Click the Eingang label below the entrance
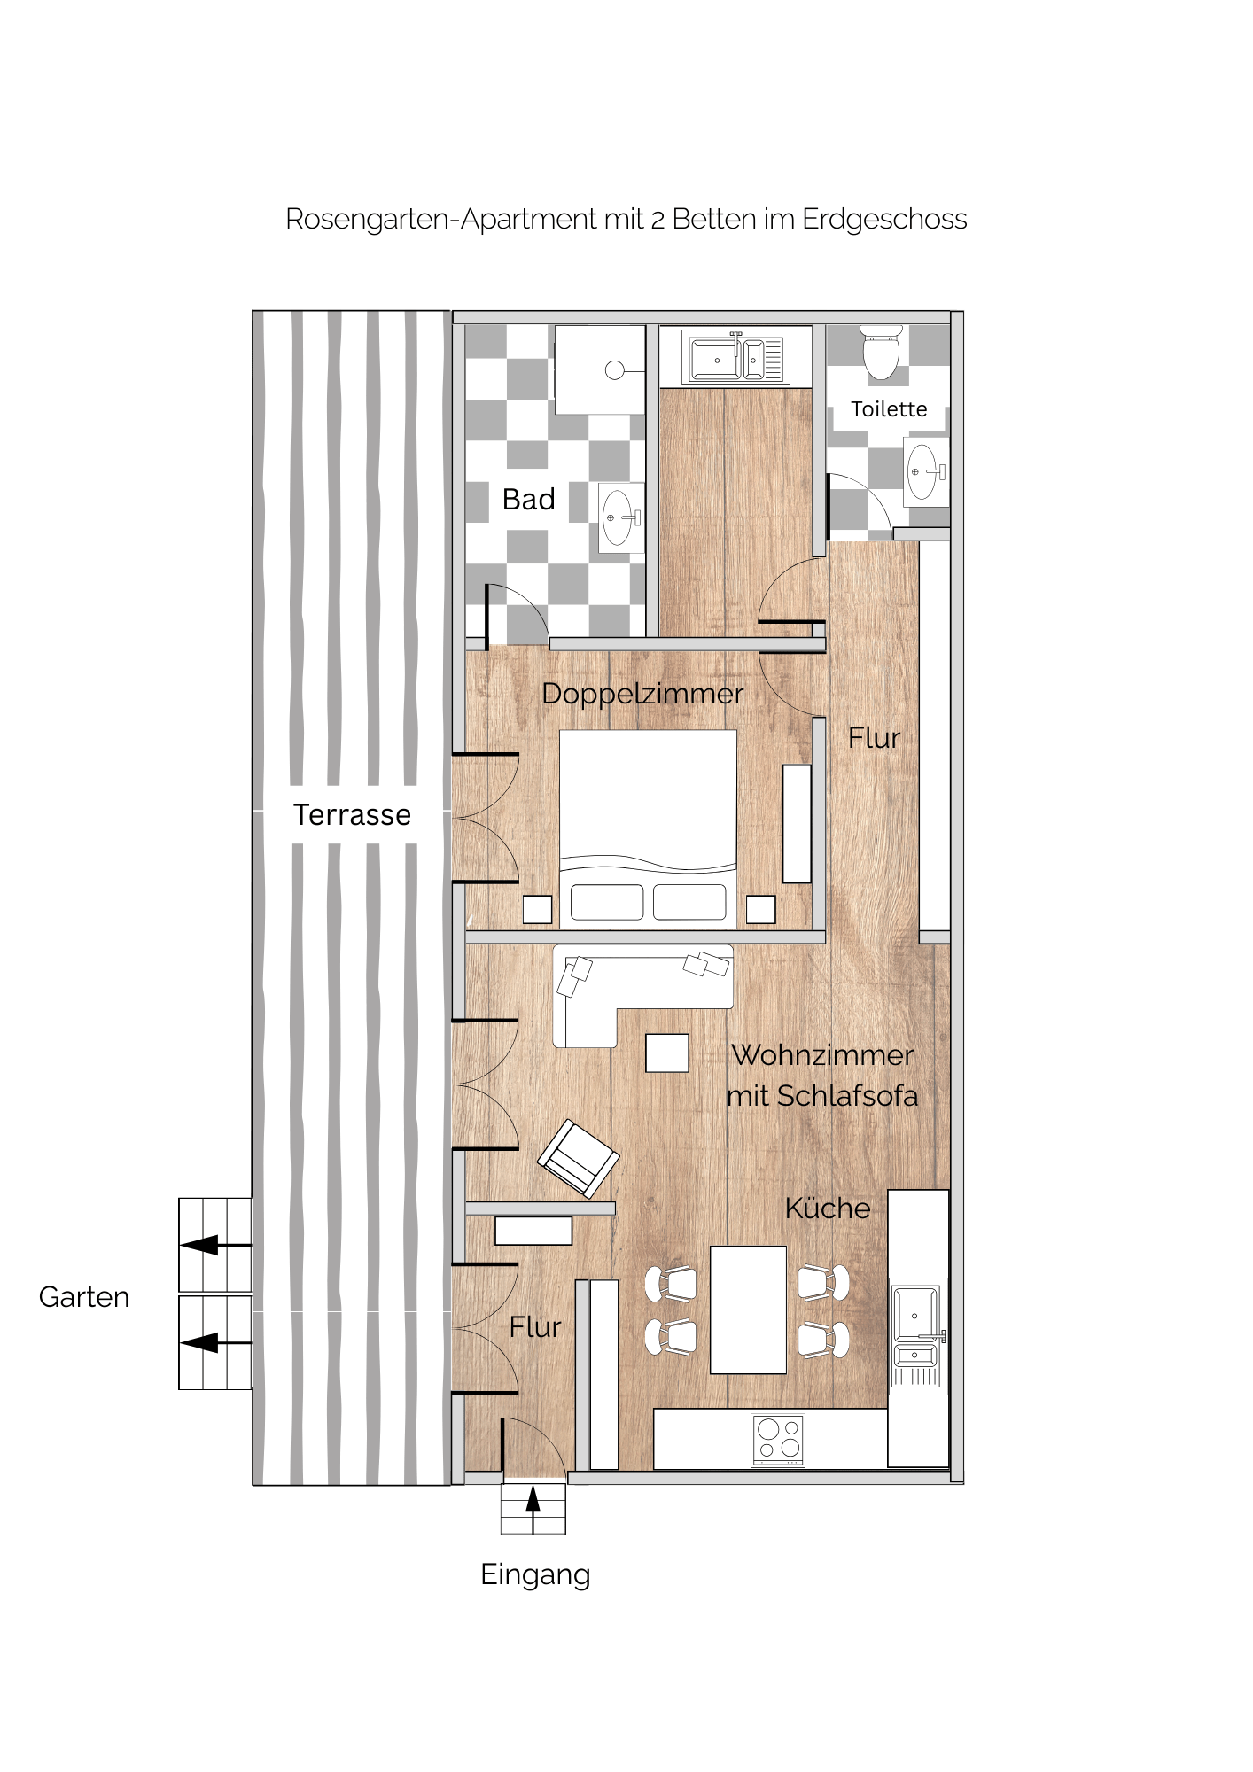535,1575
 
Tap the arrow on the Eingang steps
533,1510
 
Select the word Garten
84,1297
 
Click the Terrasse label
352,815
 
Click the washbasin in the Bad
620,517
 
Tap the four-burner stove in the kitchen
778,1440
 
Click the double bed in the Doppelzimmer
648,829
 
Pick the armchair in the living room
579,1158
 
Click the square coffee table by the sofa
667,1053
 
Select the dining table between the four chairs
749,1310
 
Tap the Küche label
828,1209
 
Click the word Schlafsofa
847,1096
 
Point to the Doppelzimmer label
642,694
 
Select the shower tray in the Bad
600,369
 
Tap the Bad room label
529,500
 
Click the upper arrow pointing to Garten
215,1245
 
